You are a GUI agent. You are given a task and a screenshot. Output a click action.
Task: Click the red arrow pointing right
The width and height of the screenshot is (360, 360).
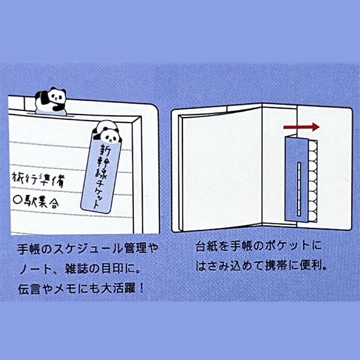point(301,127)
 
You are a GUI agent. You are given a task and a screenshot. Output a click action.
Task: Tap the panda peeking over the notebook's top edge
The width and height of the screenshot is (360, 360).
point(50,100)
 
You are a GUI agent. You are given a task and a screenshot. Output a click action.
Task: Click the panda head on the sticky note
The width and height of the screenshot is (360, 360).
point(107,135)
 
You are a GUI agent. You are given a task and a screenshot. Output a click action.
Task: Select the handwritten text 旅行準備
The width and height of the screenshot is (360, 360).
point(39,179)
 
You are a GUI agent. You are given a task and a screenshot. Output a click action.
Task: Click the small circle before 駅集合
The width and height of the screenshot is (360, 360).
point(17,200)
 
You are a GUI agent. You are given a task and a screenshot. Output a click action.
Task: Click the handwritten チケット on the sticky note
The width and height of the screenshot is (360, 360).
point(98,196)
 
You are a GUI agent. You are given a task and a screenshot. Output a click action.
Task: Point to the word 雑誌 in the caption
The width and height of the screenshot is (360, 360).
point(76,268)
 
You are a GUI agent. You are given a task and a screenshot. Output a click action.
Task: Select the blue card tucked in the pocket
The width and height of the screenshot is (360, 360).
point(296,179)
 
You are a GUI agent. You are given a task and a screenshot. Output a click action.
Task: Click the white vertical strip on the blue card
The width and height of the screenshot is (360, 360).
point(299,189)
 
